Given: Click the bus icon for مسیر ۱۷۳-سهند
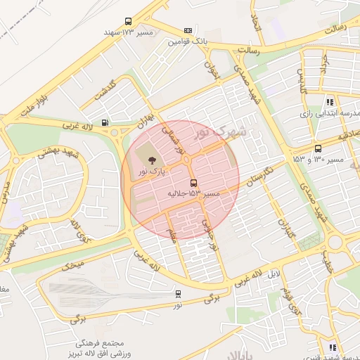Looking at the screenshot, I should click(x=128, y=21).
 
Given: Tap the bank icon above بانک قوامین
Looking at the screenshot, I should click(x=188, y=30).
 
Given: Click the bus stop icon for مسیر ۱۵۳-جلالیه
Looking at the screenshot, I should click(x=194, y=183).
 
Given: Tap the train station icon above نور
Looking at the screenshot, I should click(x=178, y=293).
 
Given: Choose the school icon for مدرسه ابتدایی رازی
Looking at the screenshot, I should click(x=330, y=102).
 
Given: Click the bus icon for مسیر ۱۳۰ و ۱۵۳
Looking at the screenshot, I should click(x=318, y=148).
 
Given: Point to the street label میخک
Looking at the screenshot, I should click(x=72, y=266).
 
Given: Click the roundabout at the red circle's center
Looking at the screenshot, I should click(x=187, y=161).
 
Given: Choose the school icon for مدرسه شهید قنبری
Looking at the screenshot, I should click(x=332, y=347).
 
